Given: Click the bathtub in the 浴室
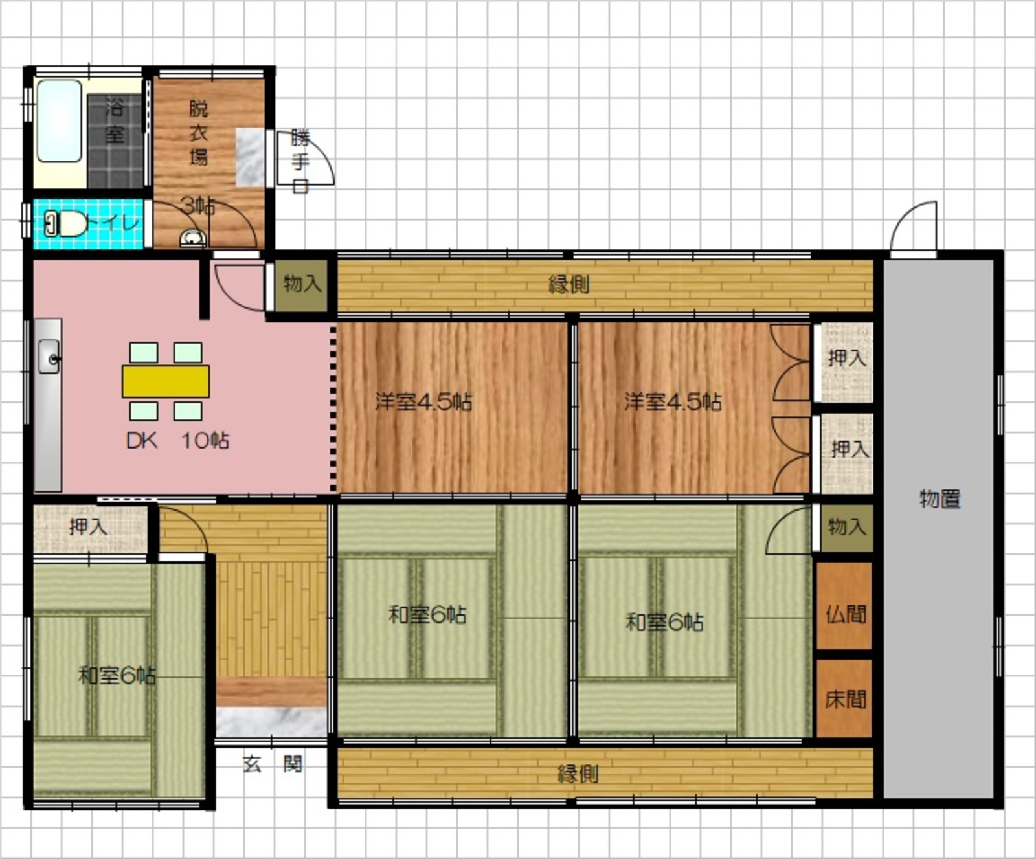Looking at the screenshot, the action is click(60, 121).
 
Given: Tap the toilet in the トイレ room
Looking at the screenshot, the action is click(66, 225).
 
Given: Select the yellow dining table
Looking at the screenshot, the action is click(166, 381).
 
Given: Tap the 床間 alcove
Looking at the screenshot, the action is click(844, 698).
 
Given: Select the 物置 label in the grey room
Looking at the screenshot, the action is click(940, 499).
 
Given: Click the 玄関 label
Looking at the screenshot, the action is click(273, 764).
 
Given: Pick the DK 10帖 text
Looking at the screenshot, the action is click(177, 441).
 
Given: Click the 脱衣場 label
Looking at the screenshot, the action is click(199, 133).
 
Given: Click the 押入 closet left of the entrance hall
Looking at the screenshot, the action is click(89, 527).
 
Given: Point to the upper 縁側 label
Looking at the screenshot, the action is click(569, 284).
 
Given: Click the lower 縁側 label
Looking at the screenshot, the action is click(578, 774).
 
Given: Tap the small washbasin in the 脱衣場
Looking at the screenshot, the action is click(192, 239).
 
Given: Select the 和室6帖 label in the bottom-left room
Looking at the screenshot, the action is click(117, 676).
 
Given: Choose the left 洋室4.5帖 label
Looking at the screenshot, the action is click(424, 402).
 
